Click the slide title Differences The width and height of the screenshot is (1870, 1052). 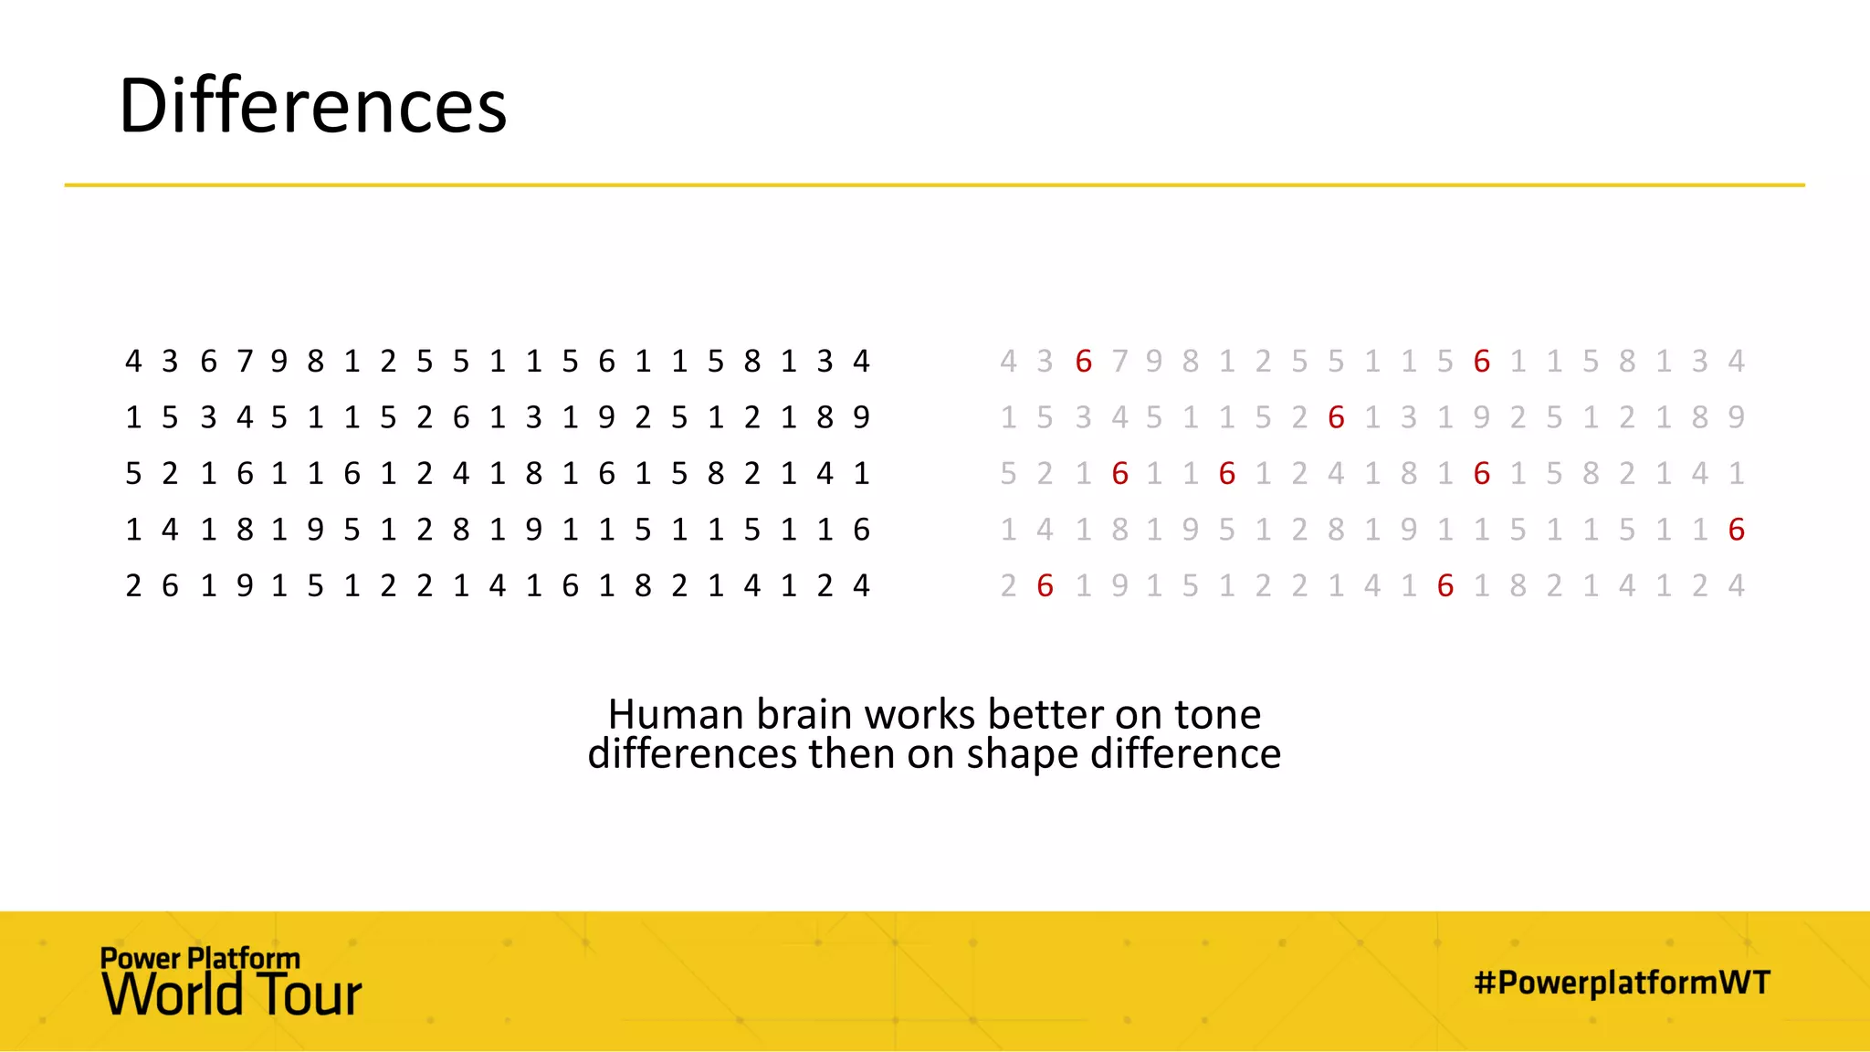[312, 106]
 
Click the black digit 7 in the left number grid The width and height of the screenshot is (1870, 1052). [244, 362]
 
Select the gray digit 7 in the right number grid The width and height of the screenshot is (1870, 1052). [1119, 362]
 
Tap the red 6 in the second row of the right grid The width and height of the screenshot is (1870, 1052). [1336, 417]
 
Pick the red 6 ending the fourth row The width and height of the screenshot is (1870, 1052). [1736, 530]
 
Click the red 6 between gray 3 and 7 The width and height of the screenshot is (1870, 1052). [1084, 362]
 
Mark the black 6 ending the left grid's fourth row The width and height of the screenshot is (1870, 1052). [861, 530]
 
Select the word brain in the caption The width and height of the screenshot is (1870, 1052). [805, 714]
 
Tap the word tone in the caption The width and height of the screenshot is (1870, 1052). [1217, 714]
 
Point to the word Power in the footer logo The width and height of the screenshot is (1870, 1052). [141, 958]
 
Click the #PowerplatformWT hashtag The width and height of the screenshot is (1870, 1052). [1622, 983]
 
